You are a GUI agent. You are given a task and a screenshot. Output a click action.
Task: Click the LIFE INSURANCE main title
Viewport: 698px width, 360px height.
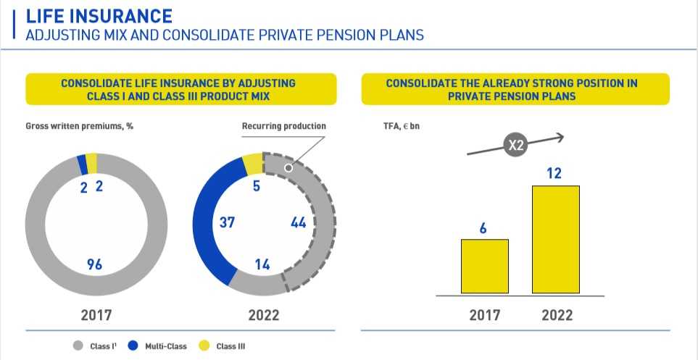[99, 15]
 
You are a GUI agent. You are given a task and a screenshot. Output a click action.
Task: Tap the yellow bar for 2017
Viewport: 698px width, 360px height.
[484, 266]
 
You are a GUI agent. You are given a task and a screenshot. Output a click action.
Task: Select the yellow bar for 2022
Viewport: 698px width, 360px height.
[555, 240]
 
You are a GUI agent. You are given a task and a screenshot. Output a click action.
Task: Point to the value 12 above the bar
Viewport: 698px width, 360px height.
[554, 174]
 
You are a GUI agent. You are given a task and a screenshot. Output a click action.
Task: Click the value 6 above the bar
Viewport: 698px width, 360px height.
[483, 228]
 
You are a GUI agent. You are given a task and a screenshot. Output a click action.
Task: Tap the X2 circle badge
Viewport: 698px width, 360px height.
[515, 146]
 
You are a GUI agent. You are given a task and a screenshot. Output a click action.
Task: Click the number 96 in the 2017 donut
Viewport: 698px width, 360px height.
[94, 264]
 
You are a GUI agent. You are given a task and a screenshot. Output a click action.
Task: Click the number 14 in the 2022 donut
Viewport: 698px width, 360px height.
[263, 264]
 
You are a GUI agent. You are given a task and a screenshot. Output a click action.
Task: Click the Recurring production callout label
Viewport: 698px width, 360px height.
[283, 126]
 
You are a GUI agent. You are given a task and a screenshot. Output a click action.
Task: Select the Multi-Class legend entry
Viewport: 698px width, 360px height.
[160, 346]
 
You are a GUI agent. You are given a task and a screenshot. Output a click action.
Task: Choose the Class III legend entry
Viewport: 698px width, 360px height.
[225, 346]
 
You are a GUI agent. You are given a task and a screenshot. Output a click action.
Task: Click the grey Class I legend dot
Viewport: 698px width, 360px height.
[79, 346]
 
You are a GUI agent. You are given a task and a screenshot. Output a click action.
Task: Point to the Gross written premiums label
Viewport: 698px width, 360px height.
[80, 126]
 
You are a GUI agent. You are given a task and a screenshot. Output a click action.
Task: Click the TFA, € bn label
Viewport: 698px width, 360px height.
[395, 126]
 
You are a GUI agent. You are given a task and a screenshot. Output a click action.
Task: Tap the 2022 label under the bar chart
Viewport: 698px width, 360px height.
[556, 315]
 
